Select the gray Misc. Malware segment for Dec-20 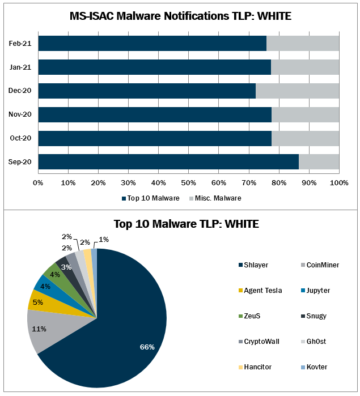(297, 91)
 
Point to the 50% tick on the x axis (188, 182)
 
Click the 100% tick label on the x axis (338, 182)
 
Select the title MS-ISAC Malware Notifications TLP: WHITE (180, 16)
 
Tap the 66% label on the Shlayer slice (147, 347)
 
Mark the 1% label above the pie (103, 239)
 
